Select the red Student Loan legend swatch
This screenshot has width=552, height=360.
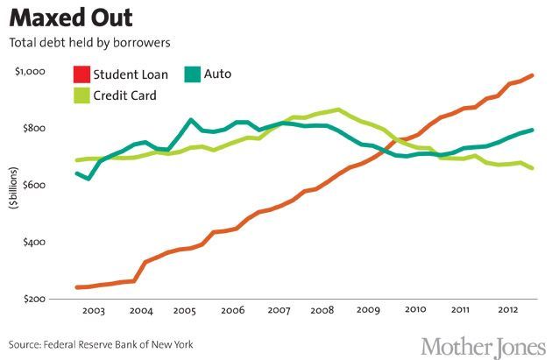pos(81,74)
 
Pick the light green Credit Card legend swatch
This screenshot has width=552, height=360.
pos(81,95)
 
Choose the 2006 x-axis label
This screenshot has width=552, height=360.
pos(232,312)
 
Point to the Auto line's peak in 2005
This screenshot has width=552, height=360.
pos(190,120)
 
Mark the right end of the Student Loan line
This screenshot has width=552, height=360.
pos(533,75)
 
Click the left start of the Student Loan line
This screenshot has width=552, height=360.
pos(77,286)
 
